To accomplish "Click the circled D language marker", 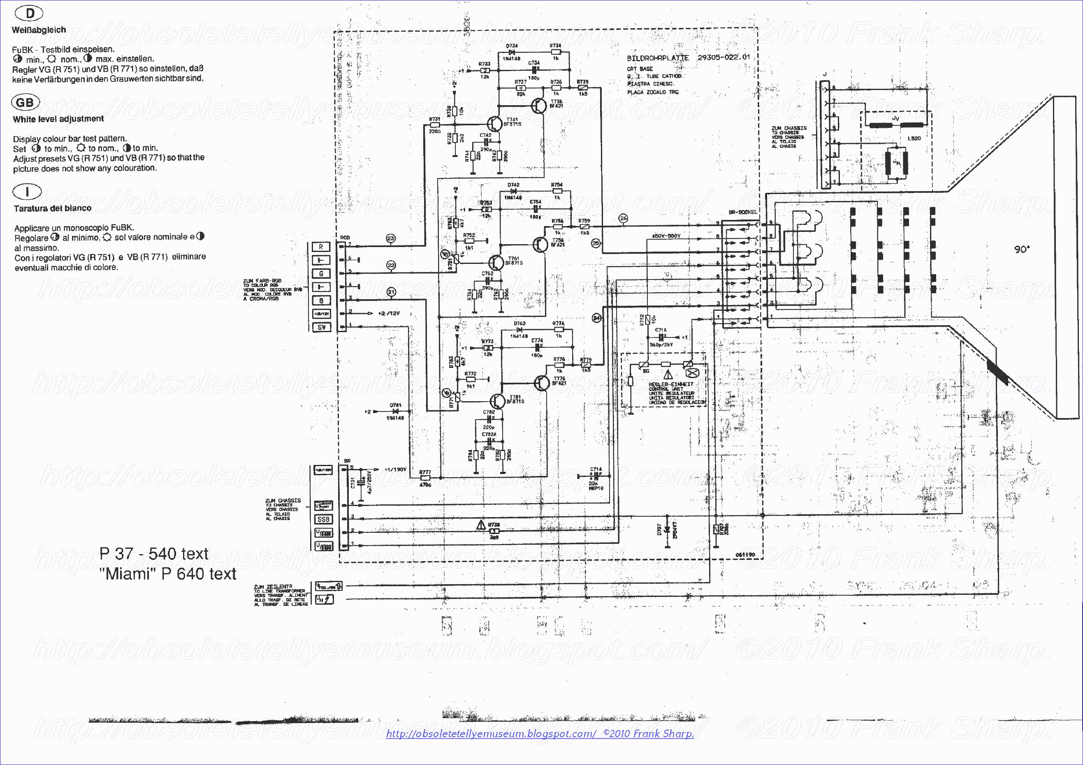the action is [x=30, y=13].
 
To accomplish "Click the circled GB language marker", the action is [x=25, y=102].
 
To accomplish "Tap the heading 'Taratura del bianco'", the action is [x=52, y=208].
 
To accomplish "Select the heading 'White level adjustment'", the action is [x=58, y=119].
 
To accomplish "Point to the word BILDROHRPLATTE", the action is [x=657, y=58].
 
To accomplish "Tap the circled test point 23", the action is [x=391, y=238].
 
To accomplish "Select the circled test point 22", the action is [x=391, y=266].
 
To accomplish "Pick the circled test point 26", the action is [x=624, y=218].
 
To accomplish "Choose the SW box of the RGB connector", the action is [x=322, y=327].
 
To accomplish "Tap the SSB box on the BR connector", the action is [x=324, y=519].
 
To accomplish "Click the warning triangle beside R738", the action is [x=481, y=525].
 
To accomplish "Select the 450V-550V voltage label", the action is [x=666, y=236].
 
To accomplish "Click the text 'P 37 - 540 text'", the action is [x=154, y=553].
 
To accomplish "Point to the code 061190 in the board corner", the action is [x=745, y=555].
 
